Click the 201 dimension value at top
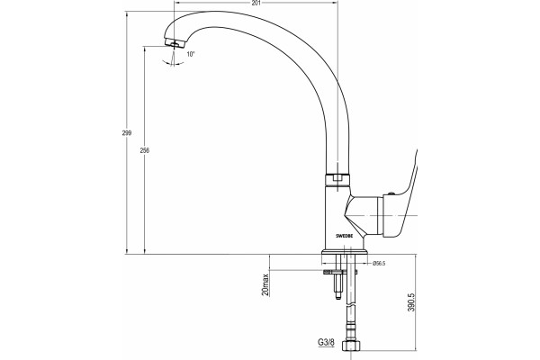pyautogui.click(x=256, y=3)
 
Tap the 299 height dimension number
pyautogui.click(x=127, y=133)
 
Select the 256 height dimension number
pyautogui.click(x=145, y=150)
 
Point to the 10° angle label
pyautogui.click(x=191, y=54)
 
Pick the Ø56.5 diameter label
pyautogui.click(x=379, y=264)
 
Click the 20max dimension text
pyautogui.click(x=265, y=285)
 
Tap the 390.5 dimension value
pyautogui.click(x=411, y=302)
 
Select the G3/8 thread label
pyautogui.click(x=326, y=342)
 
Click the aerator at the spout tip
pyautogui.click(x=175, y=43)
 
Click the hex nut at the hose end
pyautogui.click(x=351, y=346)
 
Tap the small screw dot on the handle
pyautogui.click(x=391, y=194)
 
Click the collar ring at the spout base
pyautogui.click(x=337, y=180)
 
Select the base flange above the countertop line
pyautogui.click(x=345, y=252)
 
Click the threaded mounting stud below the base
pyautogui.click(x=338, y=284)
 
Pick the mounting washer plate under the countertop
pyautogui.click(x=339, y=272)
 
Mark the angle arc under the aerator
pyautogui.click(x=174, y=63)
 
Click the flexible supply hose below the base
pyautogui.click(x=350, y=297)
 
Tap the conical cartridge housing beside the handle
pyautogui.click(x=364, y=216)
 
